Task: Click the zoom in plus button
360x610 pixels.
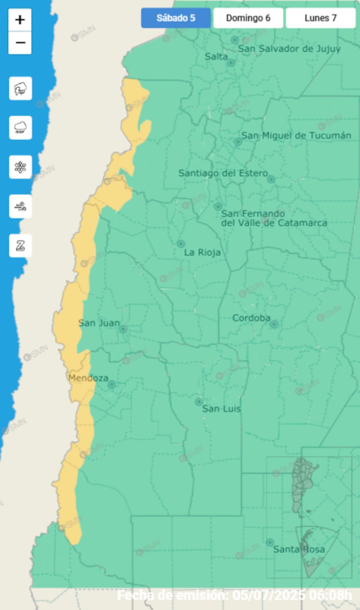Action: coord(20,20)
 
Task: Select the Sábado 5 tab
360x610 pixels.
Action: coord(176,18)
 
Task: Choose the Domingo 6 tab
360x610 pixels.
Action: coord(248,18)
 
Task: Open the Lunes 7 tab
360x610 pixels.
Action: coord(320,18)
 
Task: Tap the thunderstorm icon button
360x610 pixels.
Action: coord(20,89)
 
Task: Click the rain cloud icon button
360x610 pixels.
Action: coord(20,128)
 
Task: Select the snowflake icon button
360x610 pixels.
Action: coord(20,167)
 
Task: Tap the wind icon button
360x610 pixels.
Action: coord(20,206)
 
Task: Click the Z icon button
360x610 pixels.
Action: coord(20,246)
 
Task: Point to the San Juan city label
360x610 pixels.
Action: coord(99,323)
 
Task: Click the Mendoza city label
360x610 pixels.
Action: coord(88,378)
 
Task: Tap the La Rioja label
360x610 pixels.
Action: coord(202,253)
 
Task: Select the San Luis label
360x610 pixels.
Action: coord(221,409)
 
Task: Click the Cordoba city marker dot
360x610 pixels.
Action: coord(274,324)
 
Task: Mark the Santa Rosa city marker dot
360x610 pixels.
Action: coord(270,543)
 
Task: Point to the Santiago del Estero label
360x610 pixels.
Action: coord(223,173)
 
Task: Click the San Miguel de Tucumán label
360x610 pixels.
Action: coord(296,136)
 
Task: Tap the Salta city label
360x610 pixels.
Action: coord(216,57)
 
